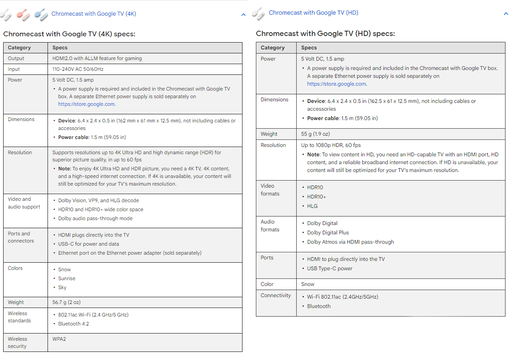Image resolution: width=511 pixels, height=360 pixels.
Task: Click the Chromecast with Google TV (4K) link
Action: pos(94,14)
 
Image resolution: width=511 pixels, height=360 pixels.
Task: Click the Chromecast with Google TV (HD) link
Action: pos(313,13)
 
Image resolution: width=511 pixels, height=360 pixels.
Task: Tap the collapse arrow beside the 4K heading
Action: pos(243,14)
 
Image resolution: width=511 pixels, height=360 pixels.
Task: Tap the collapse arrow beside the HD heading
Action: pos(506,14)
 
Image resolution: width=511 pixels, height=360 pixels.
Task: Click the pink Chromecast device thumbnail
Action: pos(23,14)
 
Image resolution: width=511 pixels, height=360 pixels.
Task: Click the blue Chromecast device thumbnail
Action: pos(41,14)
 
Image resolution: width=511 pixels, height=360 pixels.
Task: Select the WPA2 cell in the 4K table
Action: pos(59,339)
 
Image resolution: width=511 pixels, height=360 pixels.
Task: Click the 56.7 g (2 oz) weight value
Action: pos(66,302)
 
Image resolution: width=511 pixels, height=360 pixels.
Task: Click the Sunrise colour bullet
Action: pos(67,278)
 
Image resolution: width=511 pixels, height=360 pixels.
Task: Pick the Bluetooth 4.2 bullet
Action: pos(74,324)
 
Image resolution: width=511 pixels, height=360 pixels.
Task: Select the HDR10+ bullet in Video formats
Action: pos(316,197)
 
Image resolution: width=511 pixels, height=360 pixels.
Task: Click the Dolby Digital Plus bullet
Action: pos(328,233)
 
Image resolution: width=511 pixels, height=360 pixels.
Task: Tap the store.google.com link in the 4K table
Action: pos(87,104)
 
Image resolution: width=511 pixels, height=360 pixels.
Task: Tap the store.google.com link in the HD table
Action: pos(337,84)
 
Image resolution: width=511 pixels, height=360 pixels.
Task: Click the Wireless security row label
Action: pos(17,343)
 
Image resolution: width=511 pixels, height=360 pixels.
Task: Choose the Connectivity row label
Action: pos(276,295)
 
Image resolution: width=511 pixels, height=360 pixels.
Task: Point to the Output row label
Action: pos(16,58)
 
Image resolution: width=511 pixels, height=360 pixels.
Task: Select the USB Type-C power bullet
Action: pos(329,269)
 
